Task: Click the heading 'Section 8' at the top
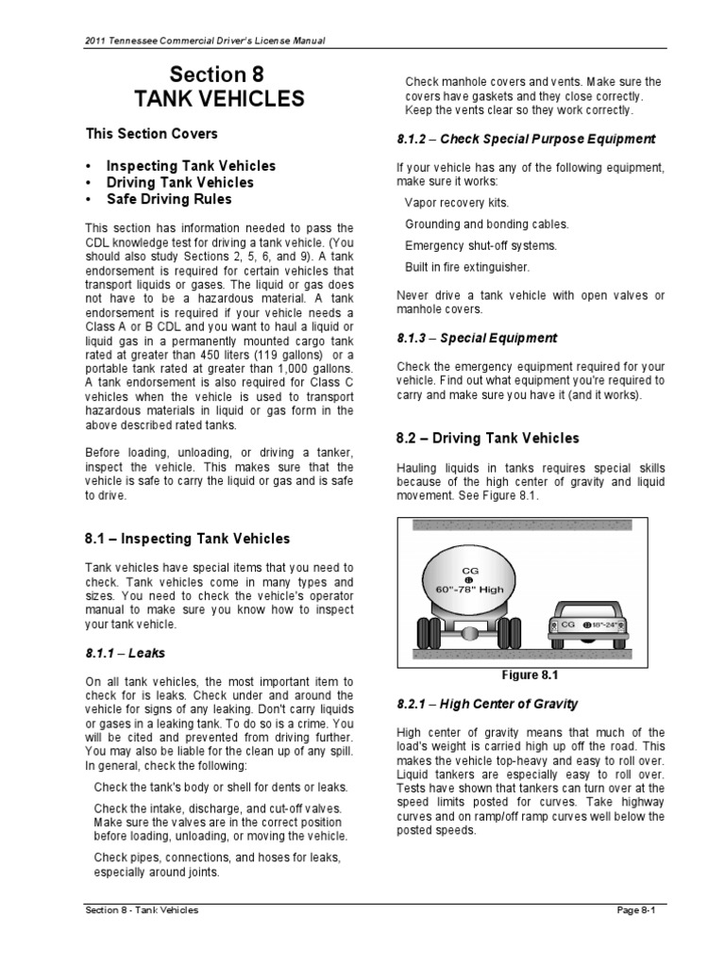(x=216, y=75)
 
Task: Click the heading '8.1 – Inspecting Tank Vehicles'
(x=188, y=540)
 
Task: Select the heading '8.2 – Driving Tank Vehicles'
(x=487, y=439)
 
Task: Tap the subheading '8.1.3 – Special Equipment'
(x=477, y=338)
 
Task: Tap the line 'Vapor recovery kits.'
(x=457, y=203)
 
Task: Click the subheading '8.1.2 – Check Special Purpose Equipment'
(x=526, y=139)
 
